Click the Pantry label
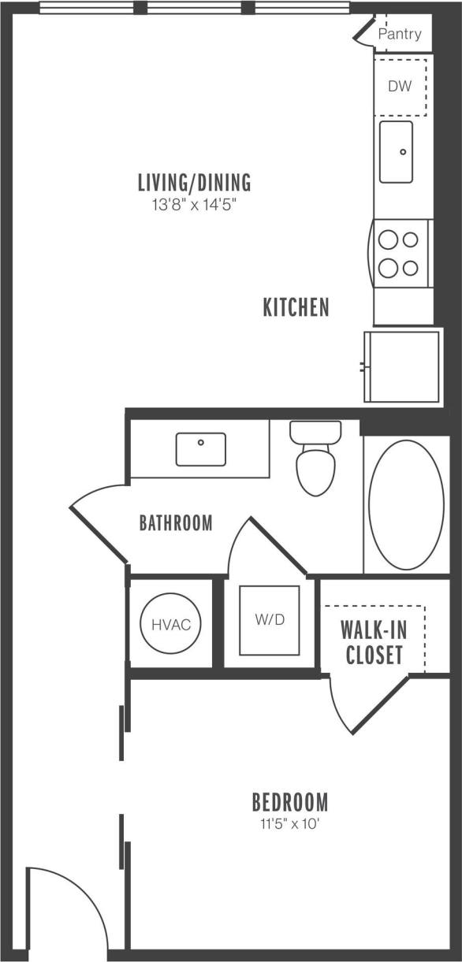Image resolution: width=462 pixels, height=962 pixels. tap(400, 35)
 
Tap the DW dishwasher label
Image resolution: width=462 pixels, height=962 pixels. tap(400, 87)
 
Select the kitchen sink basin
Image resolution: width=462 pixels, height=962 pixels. tap(396, 150)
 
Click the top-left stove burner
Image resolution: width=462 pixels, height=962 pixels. tap(388, 239)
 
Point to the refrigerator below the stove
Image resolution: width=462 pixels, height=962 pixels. tap(402, 366)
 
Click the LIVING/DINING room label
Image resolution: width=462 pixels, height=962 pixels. tap(194, 184)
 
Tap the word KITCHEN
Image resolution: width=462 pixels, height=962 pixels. tap(296, 307)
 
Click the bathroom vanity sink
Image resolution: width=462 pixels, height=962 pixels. tap(200, 449)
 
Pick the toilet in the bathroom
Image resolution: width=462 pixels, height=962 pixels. tap(315, 465)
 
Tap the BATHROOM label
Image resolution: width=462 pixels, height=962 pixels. tap(176, 522)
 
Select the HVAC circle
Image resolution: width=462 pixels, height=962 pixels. tap(171, 625)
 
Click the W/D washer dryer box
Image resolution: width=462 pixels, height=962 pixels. tap(269, 620)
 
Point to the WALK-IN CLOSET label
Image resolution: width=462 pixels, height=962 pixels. tap(374, 643)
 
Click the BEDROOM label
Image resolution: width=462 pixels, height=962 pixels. tap(289, 803)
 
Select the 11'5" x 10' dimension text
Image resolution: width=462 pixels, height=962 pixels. tap(289, 825)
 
